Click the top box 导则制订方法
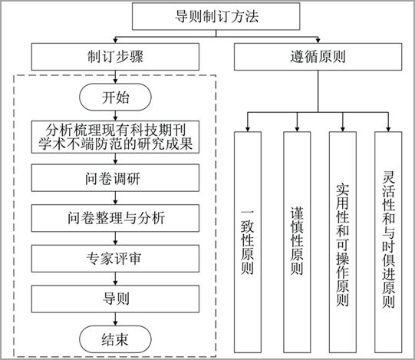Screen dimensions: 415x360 pyautogui.click(x=216, y=16)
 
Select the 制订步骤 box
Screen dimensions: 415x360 pyautogui.click(x=115, y=57)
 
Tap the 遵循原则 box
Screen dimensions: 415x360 pyautogui.click(x=318, y=57)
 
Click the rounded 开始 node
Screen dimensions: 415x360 pyautogui.click(x=115, y=97)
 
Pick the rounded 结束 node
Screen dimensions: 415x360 pyautogui.click(x=115, y=339)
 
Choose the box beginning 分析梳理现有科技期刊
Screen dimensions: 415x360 pyautogui.click(x=115, y=137)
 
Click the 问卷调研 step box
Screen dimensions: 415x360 pyautogui.click(x=115, y=178)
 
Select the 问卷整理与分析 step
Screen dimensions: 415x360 pyautogui.click(x=115, y=218)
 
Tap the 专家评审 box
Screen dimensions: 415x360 pyautogui.click(x=115, y=259)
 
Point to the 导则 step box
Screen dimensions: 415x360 pyautogui.click(x=115, y=299)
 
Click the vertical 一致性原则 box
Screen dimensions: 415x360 pyautogui.click(x=248, y=242)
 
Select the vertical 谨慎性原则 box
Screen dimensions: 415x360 pyautogui.click(x=297, y=242)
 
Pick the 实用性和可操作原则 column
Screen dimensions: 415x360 pyautogui.click(x=343, y=242)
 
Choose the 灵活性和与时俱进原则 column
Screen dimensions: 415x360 pyautogui.click(x=388, y=242)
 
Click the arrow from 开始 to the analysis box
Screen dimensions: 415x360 pyautogui.click(x=115, y=116)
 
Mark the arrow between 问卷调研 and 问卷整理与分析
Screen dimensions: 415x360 pyautogui.click(x=115, y=198)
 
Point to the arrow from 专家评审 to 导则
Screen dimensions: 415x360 pyautogui.click(x=115, y=279)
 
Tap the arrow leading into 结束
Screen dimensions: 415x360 pyautogui.click(x=115, y=319)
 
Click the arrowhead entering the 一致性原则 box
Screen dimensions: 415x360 pyautogui.click(x=248, y=129)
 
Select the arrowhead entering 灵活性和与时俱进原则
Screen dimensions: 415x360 pyautogui.click(x=388, y=129)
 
